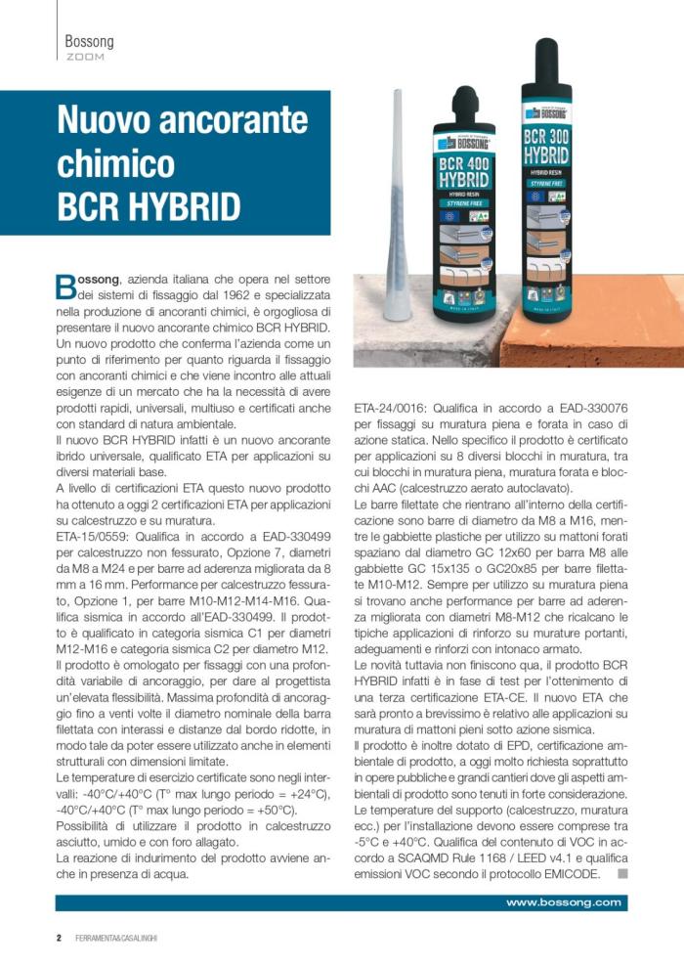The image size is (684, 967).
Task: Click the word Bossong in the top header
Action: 89,42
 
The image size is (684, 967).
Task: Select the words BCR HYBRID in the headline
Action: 149,206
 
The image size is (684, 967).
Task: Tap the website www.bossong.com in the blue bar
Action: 563,902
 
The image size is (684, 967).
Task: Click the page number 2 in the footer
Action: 59,938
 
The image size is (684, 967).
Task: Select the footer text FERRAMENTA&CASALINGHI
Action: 116,939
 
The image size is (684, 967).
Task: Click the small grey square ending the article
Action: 622,872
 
